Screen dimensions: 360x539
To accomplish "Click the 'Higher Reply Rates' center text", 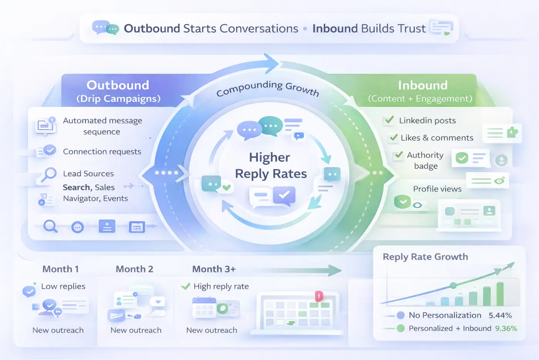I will click(x=271, y=166).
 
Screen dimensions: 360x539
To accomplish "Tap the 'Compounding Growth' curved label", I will click(x=268, y=88).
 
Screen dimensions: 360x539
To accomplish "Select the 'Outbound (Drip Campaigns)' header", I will click(x=118, y=91).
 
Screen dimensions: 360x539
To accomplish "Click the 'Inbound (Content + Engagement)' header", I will click(x=423, y=91).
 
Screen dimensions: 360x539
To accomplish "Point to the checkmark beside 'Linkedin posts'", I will click(x=389, y=120).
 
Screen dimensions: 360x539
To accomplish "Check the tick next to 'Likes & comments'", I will click(x=394, y=137).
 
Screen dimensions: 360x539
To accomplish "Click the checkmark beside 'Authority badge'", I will click(x=399, y=155).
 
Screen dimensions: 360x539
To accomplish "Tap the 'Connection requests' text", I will click(x=102, y=151).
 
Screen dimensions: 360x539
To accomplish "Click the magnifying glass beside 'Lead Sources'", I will click(x=49, y=174).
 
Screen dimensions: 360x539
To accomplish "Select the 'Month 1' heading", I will click(x=61, y=269).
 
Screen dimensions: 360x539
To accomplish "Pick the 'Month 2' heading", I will click(x=134, y=269).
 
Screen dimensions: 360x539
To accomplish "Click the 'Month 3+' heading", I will click(x=214, y=269).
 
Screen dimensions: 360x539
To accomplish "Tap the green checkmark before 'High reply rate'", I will click(x=185, y=286).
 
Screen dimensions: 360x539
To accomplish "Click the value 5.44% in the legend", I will click(x=500, y=315).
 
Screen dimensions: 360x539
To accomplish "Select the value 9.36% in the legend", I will click(x=506, y=328).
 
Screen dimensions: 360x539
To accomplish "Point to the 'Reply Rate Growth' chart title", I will click(x=425, y=257).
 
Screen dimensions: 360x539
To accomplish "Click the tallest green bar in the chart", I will click(x=500, y=294).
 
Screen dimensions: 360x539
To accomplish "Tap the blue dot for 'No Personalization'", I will click(x=401, y=315).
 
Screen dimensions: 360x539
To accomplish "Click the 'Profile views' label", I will click(x=437, y=189).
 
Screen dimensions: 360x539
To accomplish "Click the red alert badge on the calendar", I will click(x=319, y=296).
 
